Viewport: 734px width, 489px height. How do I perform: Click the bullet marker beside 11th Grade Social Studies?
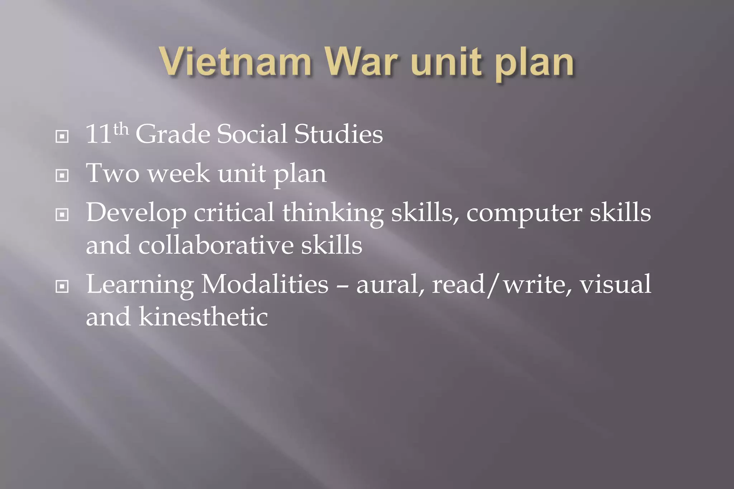[x=62, y=136]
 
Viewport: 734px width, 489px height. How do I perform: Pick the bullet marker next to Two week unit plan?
[x=62, y=176]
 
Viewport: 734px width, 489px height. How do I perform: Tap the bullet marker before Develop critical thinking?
[x=62, y=215]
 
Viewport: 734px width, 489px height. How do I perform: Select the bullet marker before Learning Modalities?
[x=62, y=286]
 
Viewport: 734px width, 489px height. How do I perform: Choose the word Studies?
[x=338, y=134]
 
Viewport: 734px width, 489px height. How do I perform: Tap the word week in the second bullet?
[x=178, y=173]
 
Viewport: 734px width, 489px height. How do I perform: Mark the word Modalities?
[x=264, y=284]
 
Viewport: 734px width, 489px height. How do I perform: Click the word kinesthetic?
[x=203, y=317]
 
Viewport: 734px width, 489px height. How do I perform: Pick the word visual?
[x=615, y=284]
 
